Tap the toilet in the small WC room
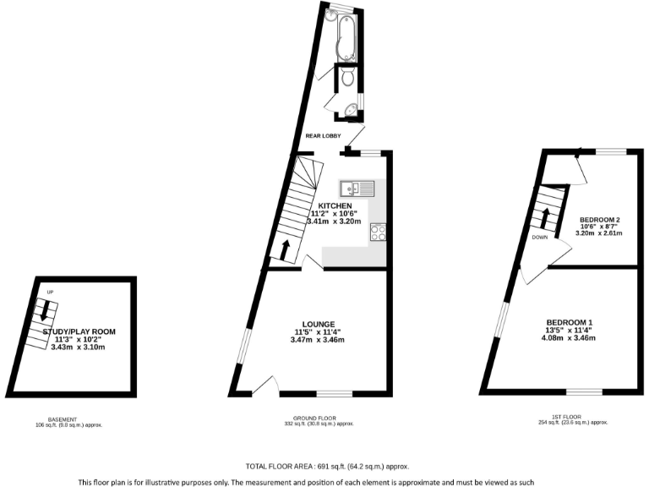click(347, 80)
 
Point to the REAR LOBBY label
click(324, 135)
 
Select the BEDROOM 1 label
click(570, 322)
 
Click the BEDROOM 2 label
click(599, 221)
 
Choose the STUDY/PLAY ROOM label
click(79, 331)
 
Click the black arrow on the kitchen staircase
click(284, 249)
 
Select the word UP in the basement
click(51, 293)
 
